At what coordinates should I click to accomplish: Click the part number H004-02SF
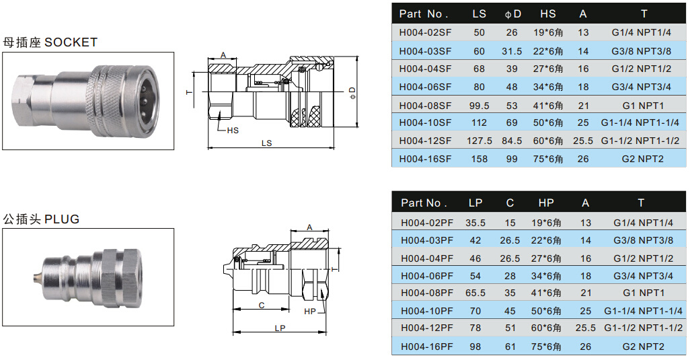(425, 32)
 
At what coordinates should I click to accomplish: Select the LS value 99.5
(479, 106)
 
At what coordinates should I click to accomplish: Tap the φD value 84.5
(512, 141)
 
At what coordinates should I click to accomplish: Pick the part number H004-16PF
(427, 346)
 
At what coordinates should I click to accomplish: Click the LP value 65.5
(475, 293)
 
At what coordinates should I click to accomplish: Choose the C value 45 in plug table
(510, 311)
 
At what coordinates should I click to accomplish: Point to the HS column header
(548, 13)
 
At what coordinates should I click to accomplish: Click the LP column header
(475, 203)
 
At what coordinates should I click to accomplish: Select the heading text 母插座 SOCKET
(50, 42)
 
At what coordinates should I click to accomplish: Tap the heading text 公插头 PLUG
(41, 219)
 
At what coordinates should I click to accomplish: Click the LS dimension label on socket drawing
(266, 143)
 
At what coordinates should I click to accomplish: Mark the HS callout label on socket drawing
(232, 130)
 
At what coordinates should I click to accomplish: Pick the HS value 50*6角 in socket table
(548, 122)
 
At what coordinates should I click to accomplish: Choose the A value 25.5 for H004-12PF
(585, 328)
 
